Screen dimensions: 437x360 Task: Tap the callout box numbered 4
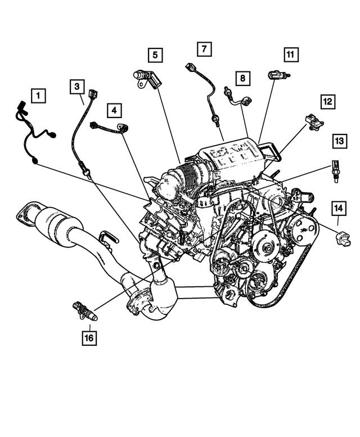click(115, 110)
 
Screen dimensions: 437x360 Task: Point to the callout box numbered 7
click(204, 49)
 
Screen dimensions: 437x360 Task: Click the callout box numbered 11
click(290, 55)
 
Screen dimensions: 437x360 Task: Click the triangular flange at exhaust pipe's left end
click(24, 215)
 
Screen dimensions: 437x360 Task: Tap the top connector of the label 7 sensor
click(190, 68)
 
